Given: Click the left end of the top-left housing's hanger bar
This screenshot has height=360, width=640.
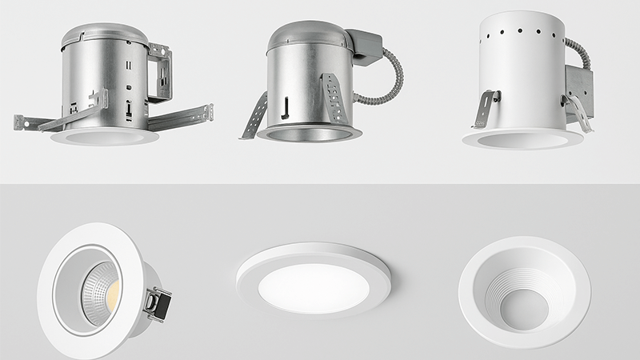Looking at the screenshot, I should (x=19, y=122).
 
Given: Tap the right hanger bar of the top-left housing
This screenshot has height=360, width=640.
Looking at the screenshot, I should (x=182, y=116).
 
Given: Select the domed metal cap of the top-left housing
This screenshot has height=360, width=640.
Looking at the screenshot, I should (x=104, y=34).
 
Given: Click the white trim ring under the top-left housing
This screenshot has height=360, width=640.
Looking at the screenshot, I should (x=104, y=137).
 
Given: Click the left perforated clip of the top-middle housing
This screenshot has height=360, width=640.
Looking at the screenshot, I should (x=254, y=116).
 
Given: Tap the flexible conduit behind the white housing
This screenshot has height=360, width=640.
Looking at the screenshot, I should (x=578, y=52).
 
